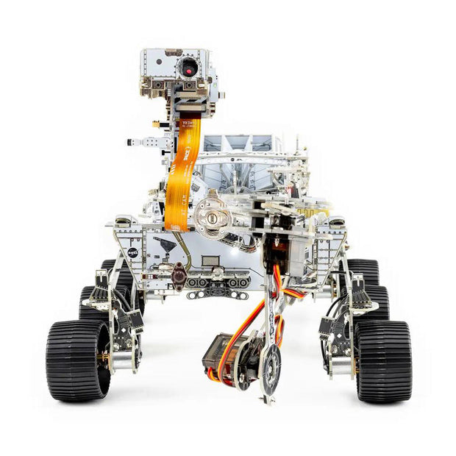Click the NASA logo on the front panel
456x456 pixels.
click(x=132, y=252)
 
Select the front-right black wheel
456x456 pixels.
click(x=382, y=360)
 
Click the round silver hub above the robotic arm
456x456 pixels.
click(x=213, y=218)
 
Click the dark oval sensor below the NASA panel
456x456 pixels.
click(x=179, y=274)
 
